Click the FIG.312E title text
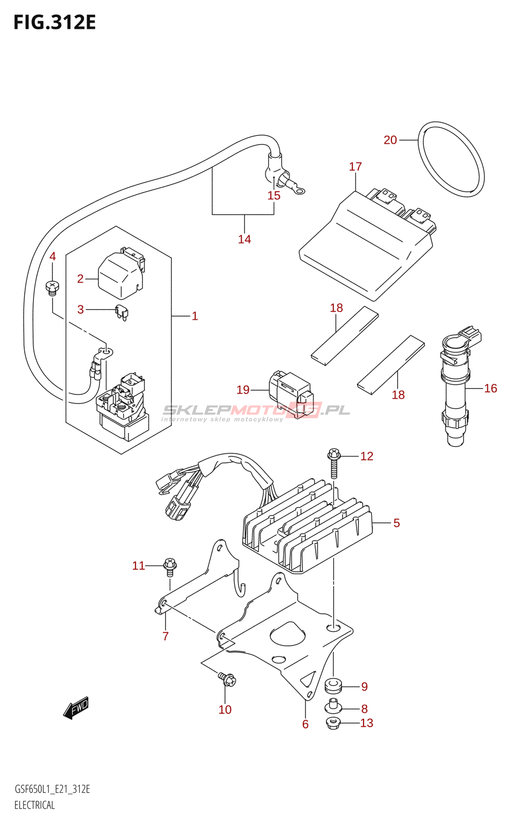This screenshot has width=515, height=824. click(55, 23)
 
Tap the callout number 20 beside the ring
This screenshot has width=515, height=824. click(390, 140)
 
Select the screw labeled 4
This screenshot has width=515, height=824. click(52, 288)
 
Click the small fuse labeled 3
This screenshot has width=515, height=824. click(122, 313)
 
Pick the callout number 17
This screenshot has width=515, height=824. click(355, 167)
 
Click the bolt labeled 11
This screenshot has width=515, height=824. click(170, 569)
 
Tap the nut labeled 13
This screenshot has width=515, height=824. click(333, 723)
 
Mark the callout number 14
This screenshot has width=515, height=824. click(244, 239)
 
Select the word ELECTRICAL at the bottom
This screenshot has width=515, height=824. click(34, 805)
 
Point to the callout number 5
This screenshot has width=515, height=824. click(396, 523)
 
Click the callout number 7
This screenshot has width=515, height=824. click(165, 636)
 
